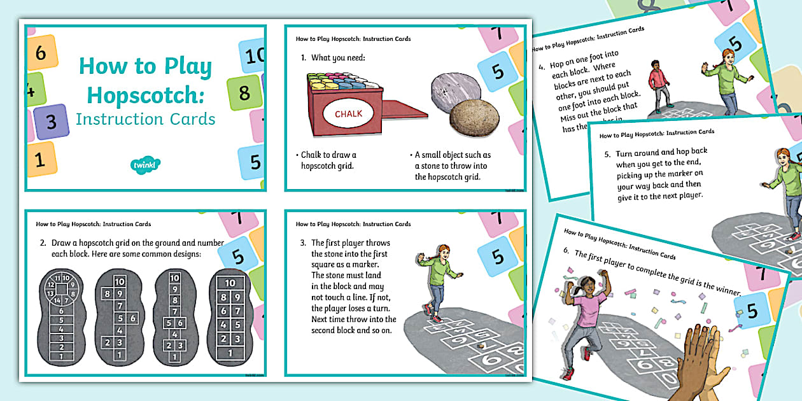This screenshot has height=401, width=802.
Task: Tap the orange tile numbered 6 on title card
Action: pos(40,52)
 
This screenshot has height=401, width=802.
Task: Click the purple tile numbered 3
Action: pos(51,121)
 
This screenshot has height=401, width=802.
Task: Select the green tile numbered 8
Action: pos(244,93)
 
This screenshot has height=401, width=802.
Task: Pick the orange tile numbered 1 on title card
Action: pos(40,159)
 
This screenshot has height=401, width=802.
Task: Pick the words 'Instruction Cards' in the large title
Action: pos(145,119)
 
